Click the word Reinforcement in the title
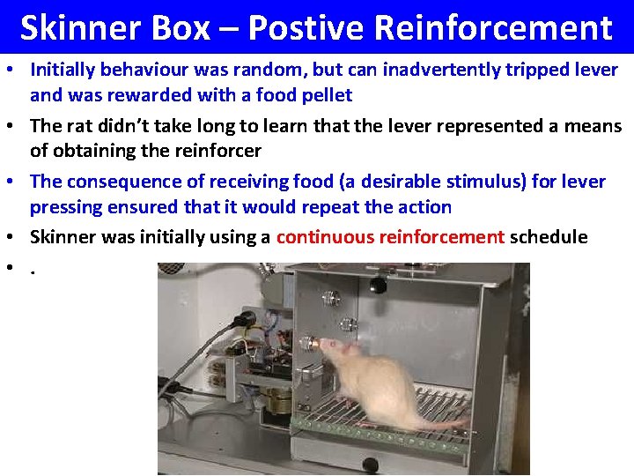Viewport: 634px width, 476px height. (x=492, y=28)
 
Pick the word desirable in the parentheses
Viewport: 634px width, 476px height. (x=391, y=182)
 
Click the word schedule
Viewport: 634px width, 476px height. (x=549, y=236)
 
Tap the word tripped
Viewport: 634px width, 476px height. (x=538, y=69)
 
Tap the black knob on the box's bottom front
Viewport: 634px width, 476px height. (x=370, y=465)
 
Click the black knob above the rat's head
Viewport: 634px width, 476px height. (x=378, y=285)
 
